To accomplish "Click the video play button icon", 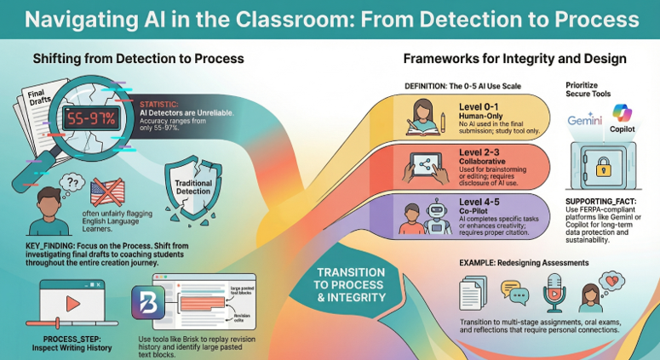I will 72,304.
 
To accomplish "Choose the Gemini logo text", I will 585,121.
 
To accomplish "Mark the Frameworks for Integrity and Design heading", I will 514,59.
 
